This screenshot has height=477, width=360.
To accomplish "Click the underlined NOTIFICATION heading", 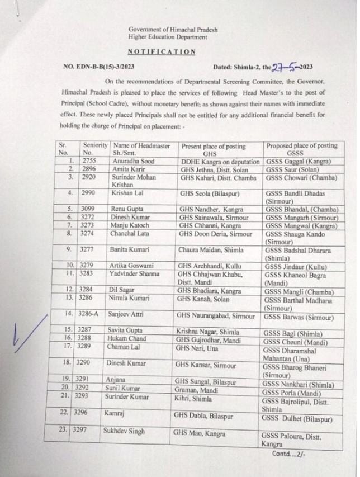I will [x=162, y=51].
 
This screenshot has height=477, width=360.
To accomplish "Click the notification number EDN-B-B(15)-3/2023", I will [x=99, y=66].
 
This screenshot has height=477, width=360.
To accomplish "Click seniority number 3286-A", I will [x=90, y=315].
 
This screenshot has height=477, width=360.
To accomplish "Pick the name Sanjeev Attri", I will [x=127, y=315].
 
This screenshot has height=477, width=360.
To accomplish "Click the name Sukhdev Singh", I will [x=124, y=431].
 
